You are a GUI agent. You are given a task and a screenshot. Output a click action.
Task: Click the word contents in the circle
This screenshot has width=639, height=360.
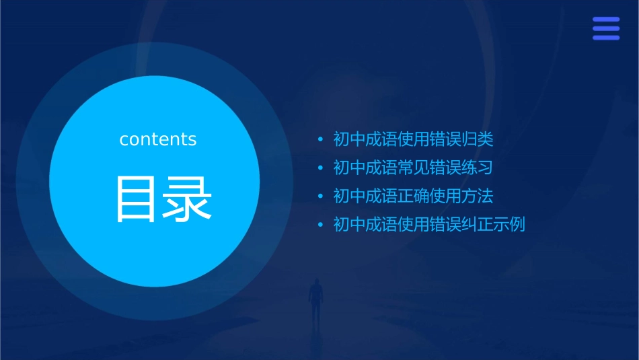tap(158, 139)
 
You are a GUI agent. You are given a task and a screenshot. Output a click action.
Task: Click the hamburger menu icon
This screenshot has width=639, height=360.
tap(605, 29)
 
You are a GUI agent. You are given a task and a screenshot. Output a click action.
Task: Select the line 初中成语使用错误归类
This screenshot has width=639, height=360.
tap(414, 139)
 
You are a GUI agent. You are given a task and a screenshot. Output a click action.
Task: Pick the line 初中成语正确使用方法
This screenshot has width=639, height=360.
tap(414, 196)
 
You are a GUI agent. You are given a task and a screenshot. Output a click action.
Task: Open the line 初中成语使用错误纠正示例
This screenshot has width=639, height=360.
tap(429, 224)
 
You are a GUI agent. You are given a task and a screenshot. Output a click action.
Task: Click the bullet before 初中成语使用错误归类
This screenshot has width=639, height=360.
tap(321, 140)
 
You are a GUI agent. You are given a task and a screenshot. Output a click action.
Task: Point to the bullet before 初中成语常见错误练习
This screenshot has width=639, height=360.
tap(321, 168)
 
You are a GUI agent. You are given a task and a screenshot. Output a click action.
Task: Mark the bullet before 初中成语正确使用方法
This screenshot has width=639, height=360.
tap(321, 196)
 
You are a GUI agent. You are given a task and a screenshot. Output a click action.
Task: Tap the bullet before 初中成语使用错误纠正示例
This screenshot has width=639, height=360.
tap(321, 225)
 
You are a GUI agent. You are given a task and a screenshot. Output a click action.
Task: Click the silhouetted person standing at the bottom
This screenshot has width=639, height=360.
tap(315, 299)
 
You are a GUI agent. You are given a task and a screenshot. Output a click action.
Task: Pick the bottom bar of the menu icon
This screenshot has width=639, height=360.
tap(605, 38)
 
